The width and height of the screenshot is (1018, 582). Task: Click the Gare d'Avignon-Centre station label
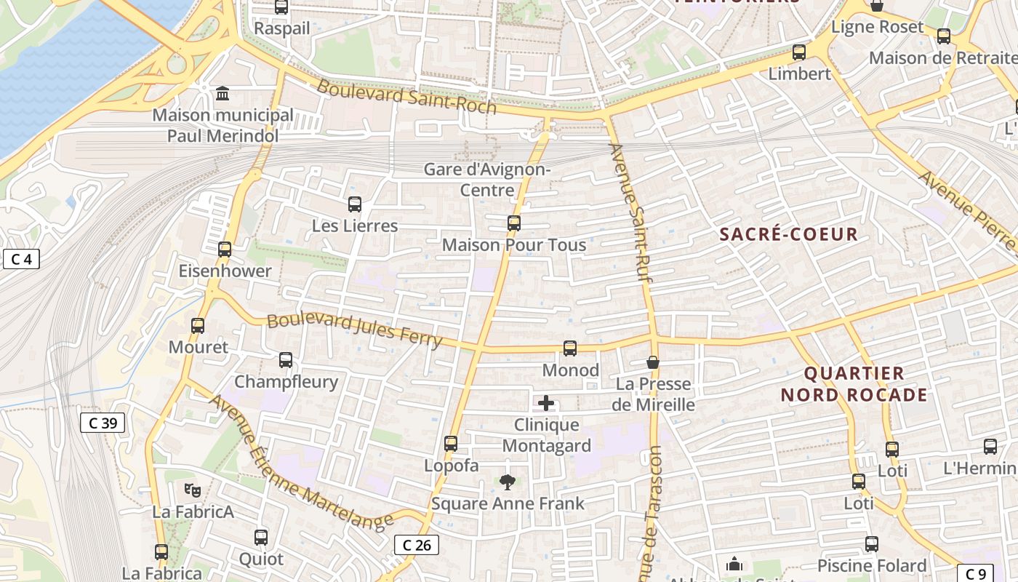pos(487,180)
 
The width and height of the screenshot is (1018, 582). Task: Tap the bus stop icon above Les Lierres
pos(355,204)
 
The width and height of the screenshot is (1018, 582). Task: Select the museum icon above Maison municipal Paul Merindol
pos(223,94)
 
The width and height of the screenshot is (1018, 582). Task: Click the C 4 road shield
pos(21,259)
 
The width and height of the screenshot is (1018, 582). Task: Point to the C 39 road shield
pos(103,423)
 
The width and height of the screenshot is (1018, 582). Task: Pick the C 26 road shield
pos(417,544)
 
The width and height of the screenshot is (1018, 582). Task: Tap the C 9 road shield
pos(975,573)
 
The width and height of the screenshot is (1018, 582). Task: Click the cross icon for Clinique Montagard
pos(546,403)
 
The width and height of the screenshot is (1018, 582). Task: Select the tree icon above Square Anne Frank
pos(508,482)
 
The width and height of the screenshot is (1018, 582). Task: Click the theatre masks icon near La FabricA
pos(192,490)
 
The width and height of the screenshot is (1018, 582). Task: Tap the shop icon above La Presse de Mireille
pos(653,362)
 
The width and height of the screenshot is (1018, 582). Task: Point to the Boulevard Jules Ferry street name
pos(354,330)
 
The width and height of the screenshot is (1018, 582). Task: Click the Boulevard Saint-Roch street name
pos(406,97)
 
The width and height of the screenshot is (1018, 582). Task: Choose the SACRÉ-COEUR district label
pos(789,234)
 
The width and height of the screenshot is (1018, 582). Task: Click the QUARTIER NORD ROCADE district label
pos(854,384)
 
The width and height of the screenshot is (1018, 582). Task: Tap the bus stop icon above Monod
pos(570,348)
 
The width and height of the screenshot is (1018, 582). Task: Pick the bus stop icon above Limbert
pos(799,52)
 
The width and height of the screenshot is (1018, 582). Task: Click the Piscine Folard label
pos(872,565)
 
